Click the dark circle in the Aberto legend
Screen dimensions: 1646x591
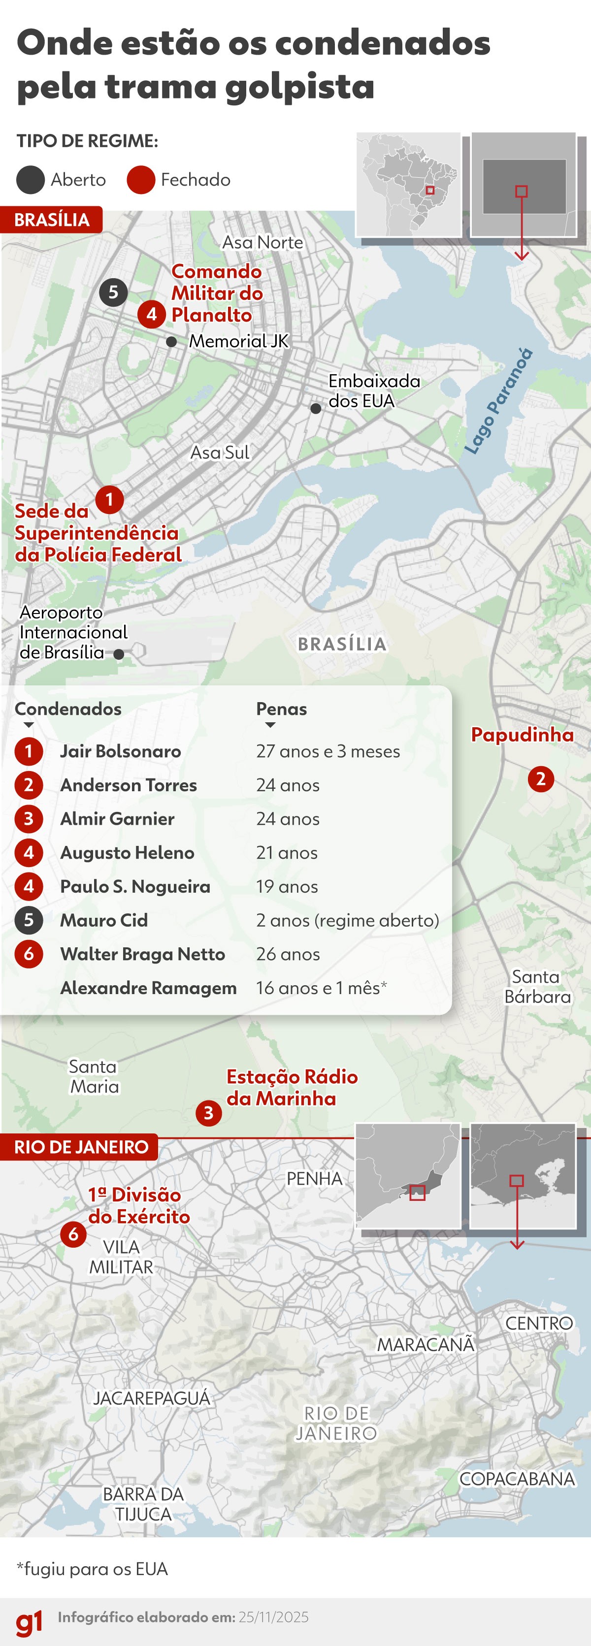(30, 180)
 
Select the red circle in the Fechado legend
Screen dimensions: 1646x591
(140, 180)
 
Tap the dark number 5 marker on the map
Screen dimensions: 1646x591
(113, 292)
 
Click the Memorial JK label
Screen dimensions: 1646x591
(238, 341)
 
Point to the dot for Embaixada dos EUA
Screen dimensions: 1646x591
(316, 408)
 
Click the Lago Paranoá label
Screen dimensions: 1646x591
(498, 401)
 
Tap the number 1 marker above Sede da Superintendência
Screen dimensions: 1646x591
(109, 499)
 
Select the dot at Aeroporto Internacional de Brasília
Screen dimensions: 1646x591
(119, 654)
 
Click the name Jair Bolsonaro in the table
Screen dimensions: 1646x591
(120, 751)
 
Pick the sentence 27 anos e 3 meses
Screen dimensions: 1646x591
(328, 751)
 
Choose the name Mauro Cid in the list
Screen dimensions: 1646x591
(103, 920)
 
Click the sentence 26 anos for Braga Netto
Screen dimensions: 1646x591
(288, 954)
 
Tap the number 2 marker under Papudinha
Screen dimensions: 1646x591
(541, 779)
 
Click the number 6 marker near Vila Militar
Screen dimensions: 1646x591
(73, 1234)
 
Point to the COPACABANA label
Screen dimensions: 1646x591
(517, 1479)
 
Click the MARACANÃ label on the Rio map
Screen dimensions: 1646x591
(426, 1344)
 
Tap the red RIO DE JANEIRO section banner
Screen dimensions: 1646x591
(80, 1147)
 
